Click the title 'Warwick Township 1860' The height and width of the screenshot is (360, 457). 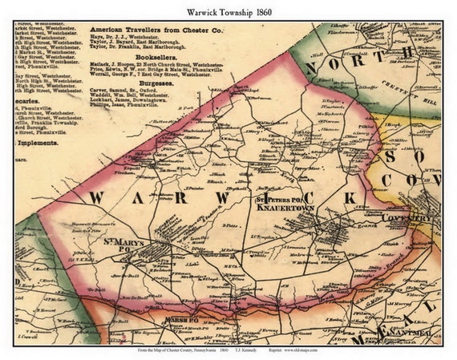(228, 10)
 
